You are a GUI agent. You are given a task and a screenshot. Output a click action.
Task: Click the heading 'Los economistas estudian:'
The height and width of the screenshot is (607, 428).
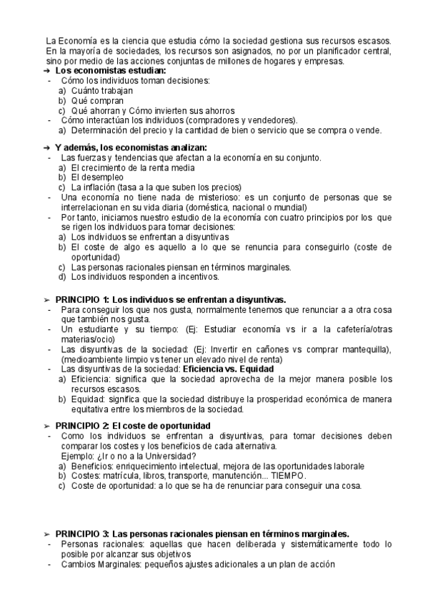110,72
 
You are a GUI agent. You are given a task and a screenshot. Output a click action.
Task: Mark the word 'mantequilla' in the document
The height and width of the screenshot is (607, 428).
363,349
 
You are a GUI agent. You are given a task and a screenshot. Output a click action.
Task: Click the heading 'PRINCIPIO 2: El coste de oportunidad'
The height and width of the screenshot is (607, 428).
132,425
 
